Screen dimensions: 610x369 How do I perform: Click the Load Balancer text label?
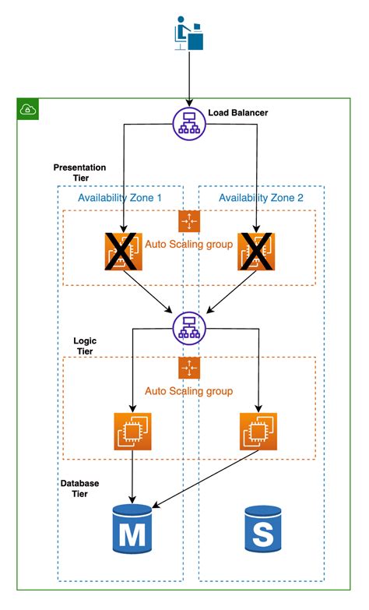[238, 113]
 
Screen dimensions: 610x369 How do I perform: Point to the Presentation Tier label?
[79, 172]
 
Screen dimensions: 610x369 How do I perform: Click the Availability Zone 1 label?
[119, 198]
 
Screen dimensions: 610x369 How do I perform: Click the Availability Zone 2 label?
[260, 198]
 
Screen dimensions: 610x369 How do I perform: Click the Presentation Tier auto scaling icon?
[189, 221]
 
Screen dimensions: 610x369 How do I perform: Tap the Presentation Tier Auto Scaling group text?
[189, 244]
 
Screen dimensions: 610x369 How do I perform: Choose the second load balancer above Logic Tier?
[188, 327]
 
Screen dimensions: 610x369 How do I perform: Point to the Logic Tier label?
[84, 347]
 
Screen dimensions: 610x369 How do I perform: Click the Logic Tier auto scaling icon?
[189, 368]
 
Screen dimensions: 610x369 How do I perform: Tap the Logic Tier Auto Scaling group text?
[189, 391]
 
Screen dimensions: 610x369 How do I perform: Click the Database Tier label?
[79, 488]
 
